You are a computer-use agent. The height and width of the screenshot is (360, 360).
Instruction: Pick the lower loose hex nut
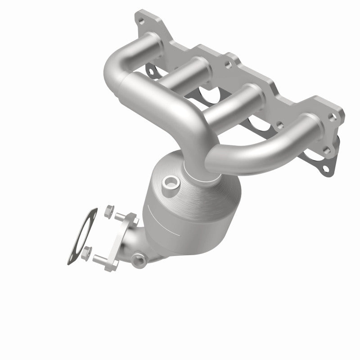click(x=89, y=251)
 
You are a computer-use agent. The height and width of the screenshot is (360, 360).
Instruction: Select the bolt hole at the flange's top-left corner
click(x=143, y=21)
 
